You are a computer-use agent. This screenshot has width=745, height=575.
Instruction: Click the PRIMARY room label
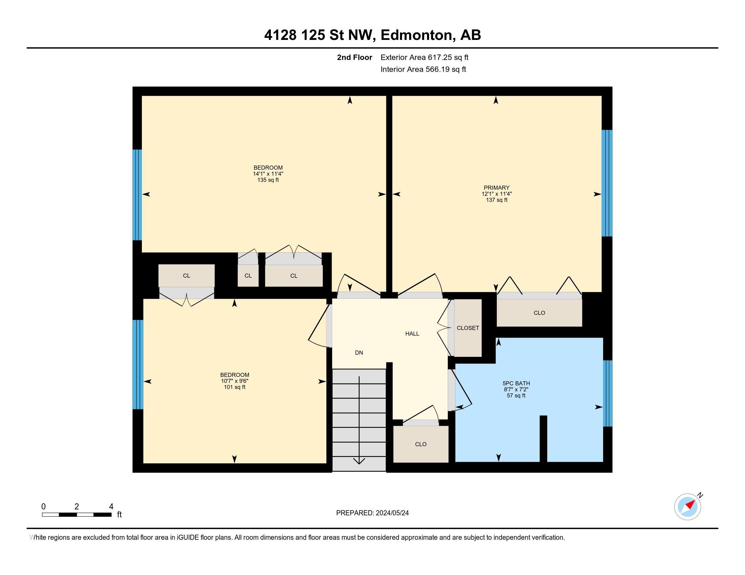(x=496, y=188)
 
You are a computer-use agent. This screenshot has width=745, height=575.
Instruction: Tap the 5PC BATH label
(x=516, y=383)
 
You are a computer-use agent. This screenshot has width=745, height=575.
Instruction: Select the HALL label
(x=412, y=334)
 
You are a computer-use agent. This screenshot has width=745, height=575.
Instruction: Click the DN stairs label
(x=359, y=353)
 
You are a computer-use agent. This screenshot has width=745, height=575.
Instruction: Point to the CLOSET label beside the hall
(x=468, y=328)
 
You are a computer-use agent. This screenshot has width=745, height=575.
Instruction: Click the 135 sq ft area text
(x=268, y=180)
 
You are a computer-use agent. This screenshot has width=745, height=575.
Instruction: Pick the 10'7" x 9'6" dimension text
(x=234, y=381)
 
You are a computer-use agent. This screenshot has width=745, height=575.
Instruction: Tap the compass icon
(x=687, y=507)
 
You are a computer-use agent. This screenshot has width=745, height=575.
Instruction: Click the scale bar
(x=77, y=514)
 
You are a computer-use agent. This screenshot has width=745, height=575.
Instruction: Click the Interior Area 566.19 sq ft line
(x=423, y=69)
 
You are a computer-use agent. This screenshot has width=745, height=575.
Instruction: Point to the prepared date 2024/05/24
(x=391, y=513)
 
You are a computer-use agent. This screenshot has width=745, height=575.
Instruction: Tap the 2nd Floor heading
(x=355, y=57)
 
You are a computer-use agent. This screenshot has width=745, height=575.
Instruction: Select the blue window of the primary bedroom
(x=606, y=183)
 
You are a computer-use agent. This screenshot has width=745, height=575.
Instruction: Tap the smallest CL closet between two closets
(x=248, y=276)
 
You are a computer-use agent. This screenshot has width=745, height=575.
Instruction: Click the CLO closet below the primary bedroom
(x=539, y=313)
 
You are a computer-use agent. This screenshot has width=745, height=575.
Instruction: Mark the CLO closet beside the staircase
(x=421, y=444)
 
